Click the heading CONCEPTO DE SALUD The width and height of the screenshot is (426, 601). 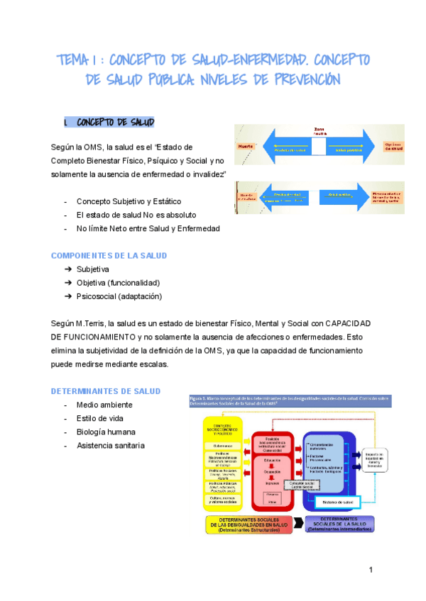tap(115, 122)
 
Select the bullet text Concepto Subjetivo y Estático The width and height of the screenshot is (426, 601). tap(129, 201)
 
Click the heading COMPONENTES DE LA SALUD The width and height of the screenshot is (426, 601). tap(109, 255)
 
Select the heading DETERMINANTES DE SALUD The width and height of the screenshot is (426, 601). tap(106, 391)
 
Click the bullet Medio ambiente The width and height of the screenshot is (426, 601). tap(104, 405)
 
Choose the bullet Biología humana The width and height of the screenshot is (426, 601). tap(106, 432)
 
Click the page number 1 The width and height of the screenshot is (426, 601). tap(371, 571)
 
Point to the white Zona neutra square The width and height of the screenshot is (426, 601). tap(319, 145)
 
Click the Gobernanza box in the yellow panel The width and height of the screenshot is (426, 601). tap(223, 446)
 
